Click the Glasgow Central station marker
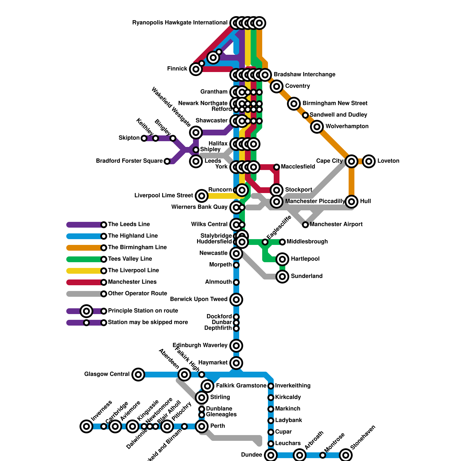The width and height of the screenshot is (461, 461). [138, 375]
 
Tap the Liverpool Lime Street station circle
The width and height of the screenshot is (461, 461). [202, 196]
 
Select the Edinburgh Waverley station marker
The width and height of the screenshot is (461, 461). [236, 345]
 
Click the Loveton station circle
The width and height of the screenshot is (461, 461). [369, 161]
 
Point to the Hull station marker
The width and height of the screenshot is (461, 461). [352, 201]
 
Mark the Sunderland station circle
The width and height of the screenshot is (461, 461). [282, 277]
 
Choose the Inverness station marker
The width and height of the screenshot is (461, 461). [86, 426]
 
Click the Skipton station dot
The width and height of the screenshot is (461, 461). [144, 138]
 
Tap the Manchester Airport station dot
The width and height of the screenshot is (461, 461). [305, 225]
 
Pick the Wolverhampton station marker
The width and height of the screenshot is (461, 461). [317, 126]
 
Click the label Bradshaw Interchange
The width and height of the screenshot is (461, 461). [304, 75]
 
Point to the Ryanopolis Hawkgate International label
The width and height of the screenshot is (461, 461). [180, 23]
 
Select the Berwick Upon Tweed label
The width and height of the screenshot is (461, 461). [199, 299]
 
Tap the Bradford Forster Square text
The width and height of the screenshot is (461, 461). [129, 161]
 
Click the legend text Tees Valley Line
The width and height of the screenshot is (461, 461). [130, 259]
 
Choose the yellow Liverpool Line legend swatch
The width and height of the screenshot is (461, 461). [84, 271]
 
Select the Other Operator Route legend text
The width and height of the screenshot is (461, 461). [137, 294]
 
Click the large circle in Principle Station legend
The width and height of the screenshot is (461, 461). [86, 311]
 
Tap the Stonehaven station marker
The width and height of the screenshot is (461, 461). [346, 455]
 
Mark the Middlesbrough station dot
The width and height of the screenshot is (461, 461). [282, 242]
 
